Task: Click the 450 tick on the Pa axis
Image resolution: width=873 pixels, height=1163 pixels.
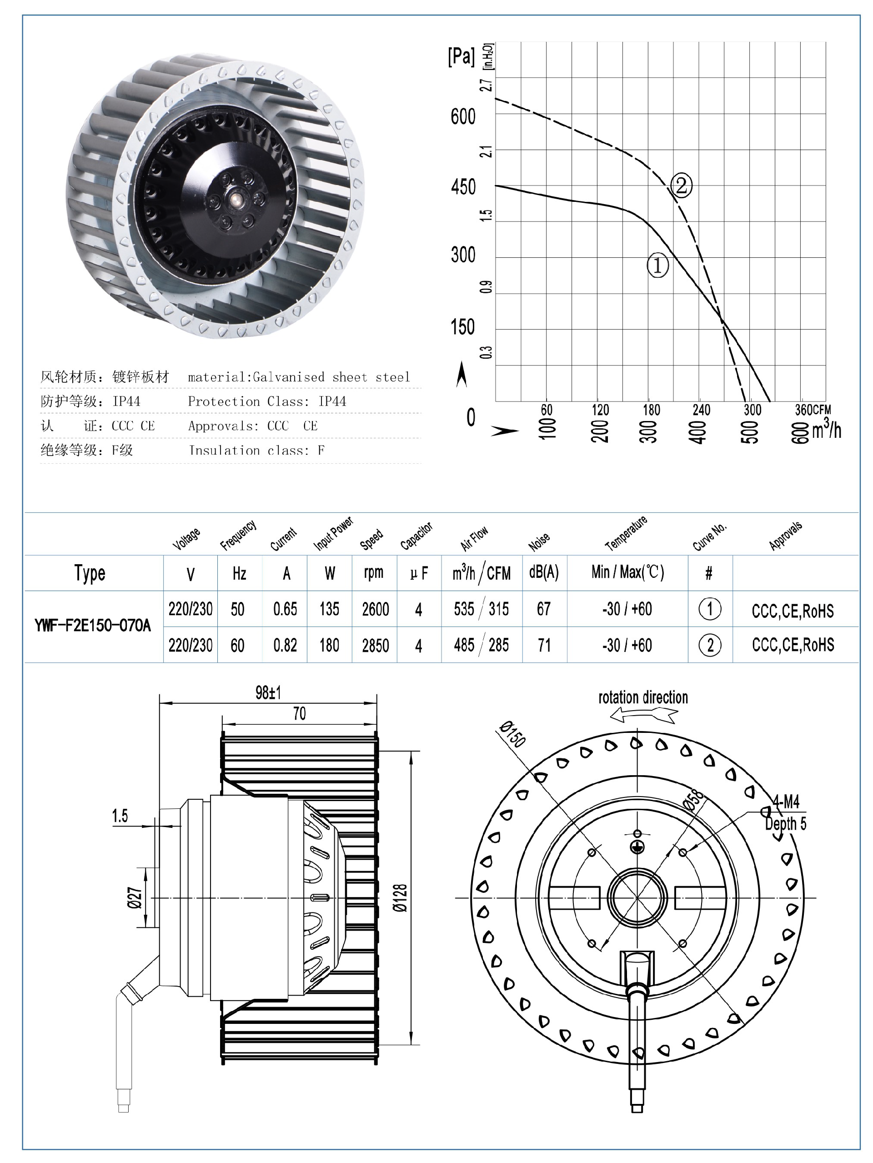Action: pyautogui.click(x=463, y=187)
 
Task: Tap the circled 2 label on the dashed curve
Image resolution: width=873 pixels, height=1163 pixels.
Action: pyautogui.click(x=681, y=185)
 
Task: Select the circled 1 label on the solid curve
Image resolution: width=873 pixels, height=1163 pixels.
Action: pyautogui.click(x=657, y=265)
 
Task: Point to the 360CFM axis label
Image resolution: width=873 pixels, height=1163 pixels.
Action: pyautogui.click(x=812, y=410)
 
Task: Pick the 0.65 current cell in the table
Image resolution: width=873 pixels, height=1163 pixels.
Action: pyautogui.click(x=285, y=609)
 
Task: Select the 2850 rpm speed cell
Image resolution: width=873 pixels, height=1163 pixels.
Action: pyautogui.click(x=375, y=645)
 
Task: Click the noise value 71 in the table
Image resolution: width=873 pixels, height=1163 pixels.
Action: pyautogui.click(x=544, y=645)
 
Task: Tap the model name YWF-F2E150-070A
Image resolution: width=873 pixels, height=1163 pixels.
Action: pyautogui.click(x=93, y=626)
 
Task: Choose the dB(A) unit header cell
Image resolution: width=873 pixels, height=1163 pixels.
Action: pyautogui.click(x=544, y=572)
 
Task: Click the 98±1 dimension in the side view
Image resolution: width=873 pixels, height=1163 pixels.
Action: pyautogui.click(x=268, y=692)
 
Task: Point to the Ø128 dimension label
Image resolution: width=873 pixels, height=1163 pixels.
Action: pyautogui.click(x=401, y=897)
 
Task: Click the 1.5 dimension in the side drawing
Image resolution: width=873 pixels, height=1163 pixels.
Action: pyautogui.click(x=120, y=816)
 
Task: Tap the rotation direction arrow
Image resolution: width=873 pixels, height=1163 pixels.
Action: pyautogui.click(x=644, y=715)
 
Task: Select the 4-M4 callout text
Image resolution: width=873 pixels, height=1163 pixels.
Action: pyautogui.click(x=786, y=802)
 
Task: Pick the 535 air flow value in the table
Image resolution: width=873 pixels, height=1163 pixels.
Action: pyautogui.click(x=464, y=609)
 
